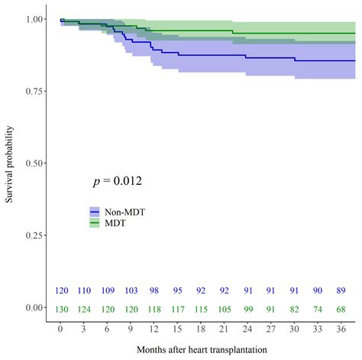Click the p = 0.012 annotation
tap(117, 181)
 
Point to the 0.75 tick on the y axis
tap(37, 91)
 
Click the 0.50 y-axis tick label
tap(37, 164)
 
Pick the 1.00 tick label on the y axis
tap(37, 19)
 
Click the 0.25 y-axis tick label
tap(37, 235)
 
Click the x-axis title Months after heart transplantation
tap(200, 349)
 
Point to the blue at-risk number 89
tap(340, 290)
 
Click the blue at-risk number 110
tap(84, 290)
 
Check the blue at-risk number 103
tap(131, 290)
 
